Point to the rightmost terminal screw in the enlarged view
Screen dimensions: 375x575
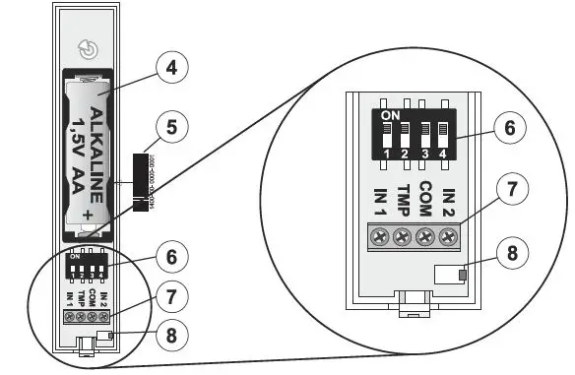[x=448, y=237]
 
